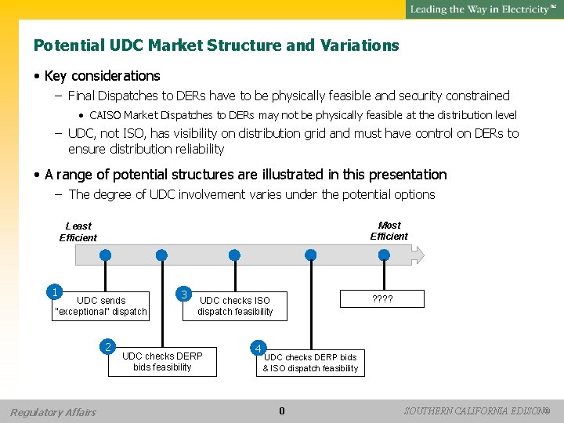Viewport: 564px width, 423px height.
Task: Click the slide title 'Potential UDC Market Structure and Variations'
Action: (216, 45)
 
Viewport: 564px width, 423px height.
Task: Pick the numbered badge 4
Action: (258, 347)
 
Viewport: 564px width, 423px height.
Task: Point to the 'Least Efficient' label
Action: (78, 232)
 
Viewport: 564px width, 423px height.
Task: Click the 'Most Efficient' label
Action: (389, 230)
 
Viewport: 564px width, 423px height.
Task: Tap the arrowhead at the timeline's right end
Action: (419, 255)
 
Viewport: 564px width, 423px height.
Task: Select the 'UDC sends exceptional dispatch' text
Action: (101, 305)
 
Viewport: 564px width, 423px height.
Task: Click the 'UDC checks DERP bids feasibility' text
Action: (162, 361)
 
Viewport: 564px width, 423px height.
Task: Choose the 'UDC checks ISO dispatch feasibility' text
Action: (235, 305)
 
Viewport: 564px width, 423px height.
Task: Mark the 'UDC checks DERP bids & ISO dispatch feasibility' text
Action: (310, 363)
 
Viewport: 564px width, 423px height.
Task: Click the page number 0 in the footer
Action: (282, 411)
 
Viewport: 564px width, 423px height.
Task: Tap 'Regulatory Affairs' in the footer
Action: (53, 412)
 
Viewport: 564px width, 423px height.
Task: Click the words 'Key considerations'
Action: (102, 76)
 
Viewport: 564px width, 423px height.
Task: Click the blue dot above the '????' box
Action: (383, 255)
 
